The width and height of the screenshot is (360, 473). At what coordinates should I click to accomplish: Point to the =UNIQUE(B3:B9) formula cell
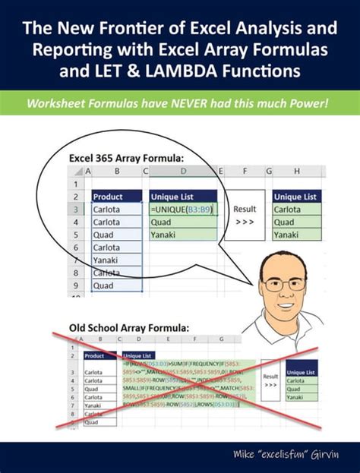(183, 208)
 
